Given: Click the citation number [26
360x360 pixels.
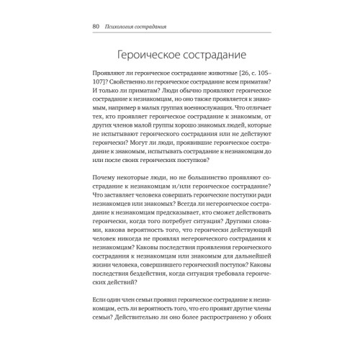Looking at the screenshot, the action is coord(239,75).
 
